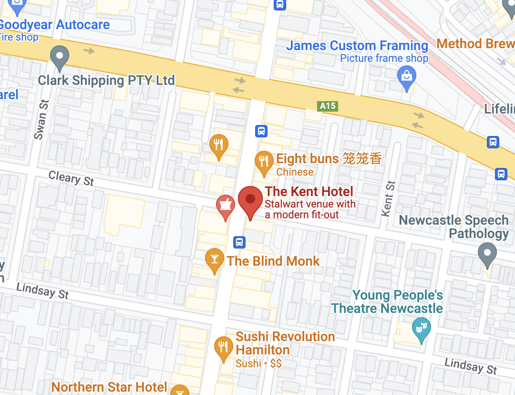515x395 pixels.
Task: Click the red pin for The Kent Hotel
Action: (250, 199)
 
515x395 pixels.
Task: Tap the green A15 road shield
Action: (328, 106)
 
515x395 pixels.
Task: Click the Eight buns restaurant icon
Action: (264, 161)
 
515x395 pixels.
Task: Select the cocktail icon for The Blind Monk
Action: (214, 259)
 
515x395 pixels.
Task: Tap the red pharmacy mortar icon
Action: (225, 205)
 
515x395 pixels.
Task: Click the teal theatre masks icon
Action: (421, 328)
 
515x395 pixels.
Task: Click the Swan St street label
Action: (41, 119)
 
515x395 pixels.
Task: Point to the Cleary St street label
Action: (72, 178)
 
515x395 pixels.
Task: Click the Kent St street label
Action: (389, 198)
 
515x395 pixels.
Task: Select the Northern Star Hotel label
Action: (109, 387)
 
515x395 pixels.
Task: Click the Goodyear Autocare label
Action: (54, 25)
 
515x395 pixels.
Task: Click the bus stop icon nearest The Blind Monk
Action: (239, 242)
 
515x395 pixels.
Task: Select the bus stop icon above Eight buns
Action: (261, 131)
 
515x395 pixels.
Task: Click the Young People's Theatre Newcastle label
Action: (387, 302)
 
